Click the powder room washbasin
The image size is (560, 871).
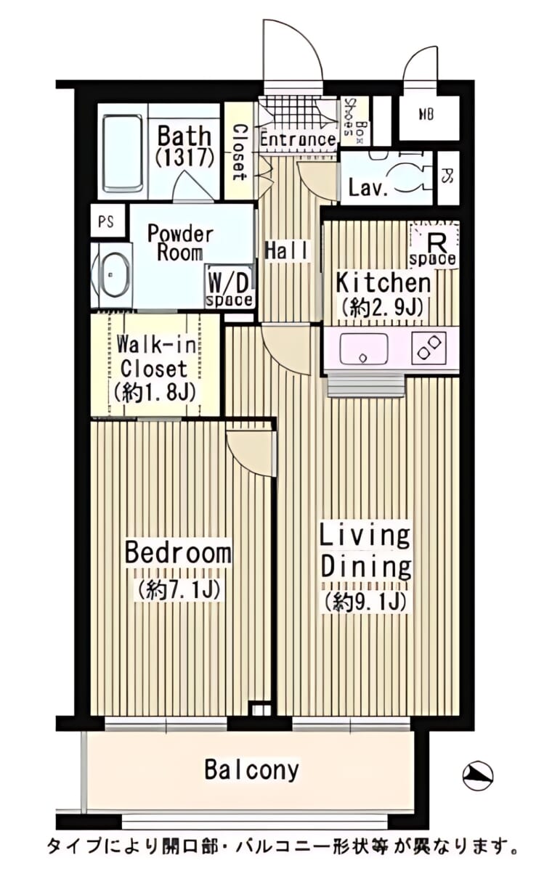coord(112,275)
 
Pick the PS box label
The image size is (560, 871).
coord(105,222)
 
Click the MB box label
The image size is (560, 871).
coord(426,115)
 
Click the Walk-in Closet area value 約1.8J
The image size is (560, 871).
coord(153,393)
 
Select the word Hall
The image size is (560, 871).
coord(287,250)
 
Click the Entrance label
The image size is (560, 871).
coord(297,139)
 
